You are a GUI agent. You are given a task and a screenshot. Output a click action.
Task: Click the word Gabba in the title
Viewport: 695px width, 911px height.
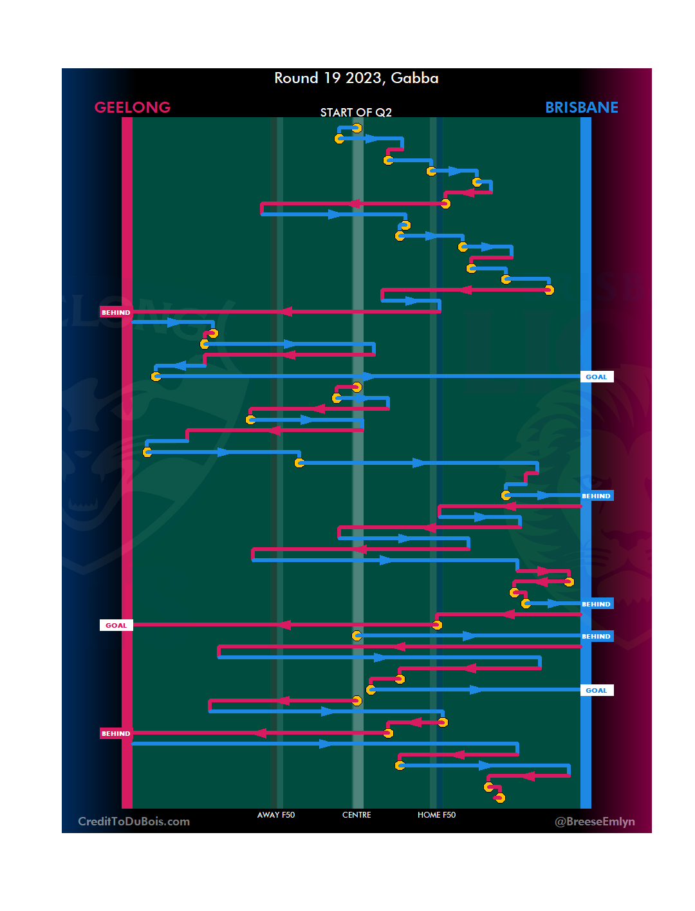click(x=414, y=79)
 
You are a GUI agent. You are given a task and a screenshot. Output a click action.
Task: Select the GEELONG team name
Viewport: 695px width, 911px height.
click(x=133, y=108)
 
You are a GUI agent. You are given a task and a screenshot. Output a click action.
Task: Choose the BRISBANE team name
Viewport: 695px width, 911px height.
click(x=581, y=108)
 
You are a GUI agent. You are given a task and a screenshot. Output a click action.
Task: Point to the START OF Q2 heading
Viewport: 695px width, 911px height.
click(x=356, y=113)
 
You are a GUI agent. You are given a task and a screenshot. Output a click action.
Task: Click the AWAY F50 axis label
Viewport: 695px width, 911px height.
click(x=276, y=815)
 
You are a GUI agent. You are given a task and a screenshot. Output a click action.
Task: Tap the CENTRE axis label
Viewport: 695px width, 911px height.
click(x=357, y=815)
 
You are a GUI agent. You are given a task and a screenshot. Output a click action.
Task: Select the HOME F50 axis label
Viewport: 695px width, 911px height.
click(x=436, y=815)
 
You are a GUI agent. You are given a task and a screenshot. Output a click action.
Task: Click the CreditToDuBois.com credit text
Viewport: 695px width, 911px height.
click(x=134, y=822)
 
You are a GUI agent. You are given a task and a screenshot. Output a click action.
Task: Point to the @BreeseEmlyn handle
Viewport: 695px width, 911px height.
click(x=595, y=822)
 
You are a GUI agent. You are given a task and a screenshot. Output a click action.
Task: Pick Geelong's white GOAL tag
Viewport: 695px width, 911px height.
click(x=116, y=625)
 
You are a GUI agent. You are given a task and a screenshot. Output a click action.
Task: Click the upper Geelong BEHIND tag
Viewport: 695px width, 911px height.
click(x=116, y=312)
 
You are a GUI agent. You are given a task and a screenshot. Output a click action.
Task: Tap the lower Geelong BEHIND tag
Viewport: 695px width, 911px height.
click(x=116, y=733)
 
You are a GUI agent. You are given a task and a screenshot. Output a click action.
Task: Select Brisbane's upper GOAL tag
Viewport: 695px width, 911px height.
click(x=597, y=377)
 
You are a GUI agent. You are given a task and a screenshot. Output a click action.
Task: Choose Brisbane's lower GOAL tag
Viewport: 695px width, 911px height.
click(x=597, y=690)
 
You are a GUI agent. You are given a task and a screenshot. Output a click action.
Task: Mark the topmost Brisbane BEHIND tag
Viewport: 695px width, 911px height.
click(x=597, y=496)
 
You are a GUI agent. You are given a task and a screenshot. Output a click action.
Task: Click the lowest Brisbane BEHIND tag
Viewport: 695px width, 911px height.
click(x=597, y=636)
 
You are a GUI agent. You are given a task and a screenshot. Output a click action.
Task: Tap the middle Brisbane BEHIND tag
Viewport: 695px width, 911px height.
click(x=597, y=604)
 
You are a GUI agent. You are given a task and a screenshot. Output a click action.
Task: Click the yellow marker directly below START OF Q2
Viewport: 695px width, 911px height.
click(x=357, y=128)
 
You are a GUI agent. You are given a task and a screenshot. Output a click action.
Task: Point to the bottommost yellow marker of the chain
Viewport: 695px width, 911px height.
click(x=500, y=798)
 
